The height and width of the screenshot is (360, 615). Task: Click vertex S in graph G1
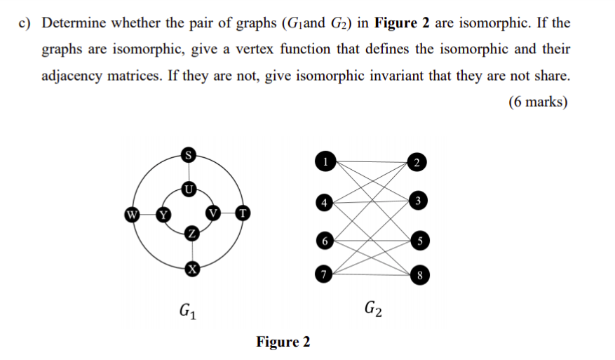point(188,154)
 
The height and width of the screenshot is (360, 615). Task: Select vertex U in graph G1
point(188,188)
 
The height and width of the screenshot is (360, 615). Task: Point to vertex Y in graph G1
point(163,213)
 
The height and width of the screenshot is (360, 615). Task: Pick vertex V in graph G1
point(214,213)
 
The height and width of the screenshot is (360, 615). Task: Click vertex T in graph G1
point(243,213)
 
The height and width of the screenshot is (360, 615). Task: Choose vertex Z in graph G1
point(188,234)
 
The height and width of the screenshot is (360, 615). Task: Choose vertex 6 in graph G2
point(323,240)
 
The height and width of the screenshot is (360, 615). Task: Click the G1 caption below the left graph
point(188,309)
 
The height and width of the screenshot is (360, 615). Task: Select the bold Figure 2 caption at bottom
point(283,342)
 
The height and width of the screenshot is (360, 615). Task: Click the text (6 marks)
point(539,102)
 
